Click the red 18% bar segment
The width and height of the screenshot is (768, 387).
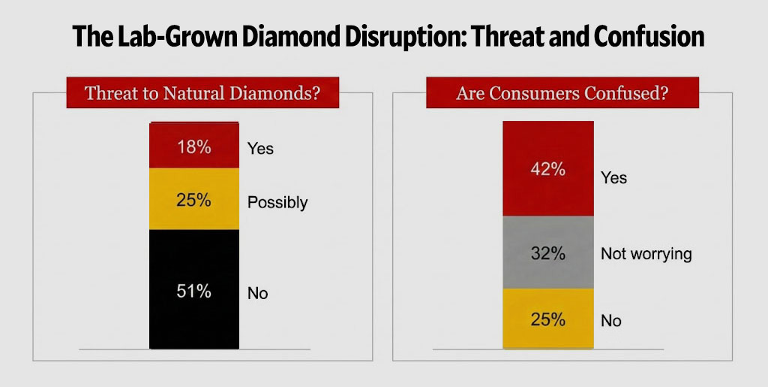point(194,146)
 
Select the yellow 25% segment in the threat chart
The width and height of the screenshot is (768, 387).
point(194,199)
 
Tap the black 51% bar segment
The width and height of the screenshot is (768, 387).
point(194,289)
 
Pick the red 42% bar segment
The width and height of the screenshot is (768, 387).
point(547,168)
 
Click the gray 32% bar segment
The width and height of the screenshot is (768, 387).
point(547,252)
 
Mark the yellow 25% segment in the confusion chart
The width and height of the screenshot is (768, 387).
point(547,319)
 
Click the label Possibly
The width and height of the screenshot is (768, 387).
point(277,203)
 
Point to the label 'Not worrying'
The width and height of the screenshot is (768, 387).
point(646,254)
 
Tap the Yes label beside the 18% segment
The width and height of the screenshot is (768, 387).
point(260,149)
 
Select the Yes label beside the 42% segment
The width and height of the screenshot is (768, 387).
point(613,178)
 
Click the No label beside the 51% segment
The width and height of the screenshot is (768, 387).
point(257,294)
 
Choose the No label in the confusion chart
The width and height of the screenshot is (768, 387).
point(611,321)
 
